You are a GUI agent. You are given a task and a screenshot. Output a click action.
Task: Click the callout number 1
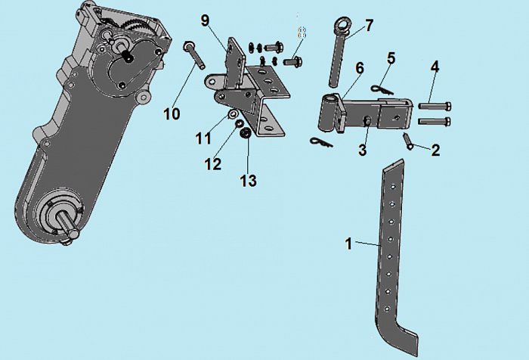(348, 244)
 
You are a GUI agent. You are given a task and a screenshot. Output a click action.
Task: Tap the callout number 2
(435, 150)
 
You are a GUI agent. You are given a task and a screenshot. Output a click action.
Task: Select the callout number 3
(362, 151)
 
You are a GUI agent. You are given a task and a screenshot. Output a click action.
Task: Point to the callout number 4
(435, 67)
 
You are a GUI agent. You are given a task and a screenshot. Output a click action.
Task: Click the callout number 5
(391, 57)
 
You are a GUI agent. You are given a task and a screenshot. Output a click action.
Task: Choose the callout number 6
(360, 68)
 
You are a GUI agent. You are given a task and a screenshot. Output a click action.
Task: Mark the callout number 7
(369, 26)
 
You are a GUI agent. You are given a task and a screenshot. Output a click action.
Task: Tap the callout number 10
(172, 113)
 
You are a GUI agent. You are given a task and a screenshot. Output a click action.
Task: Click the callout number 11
(203, 138)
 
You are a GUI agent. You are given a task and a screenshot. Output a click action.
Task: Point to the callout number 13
(248, 181)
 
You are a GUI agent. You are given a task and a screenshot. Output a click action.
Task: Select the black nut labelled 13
(246, 134)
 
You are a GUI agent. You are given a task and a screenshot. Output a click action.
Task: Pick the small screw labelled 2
(408, 140)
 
